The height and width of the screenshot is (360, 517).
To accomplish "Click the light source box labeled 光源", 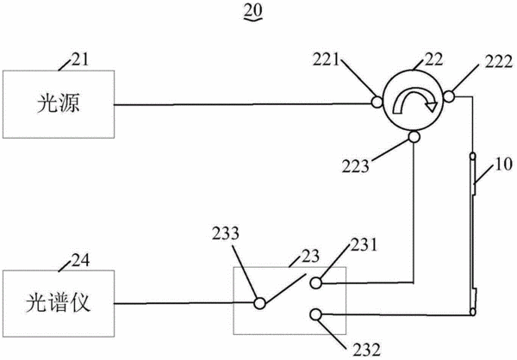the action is coord(59,104).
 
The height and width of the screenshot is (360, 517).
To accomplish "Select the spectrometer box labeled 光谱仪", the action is coord(59,303).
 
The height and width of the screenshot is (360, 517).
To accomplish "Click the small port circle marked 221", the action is coord(377,102).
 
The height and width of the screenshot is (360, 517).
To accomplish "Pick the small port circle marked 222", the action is coord(449,96).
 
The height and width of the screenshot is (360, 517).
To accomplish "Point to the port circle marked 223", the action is coord(414,136).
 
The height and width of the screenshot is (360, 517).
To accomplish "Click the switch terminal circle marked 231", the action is coord(315,282).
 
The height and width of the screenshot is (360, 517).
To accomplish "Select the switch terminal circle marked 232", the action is coord(315,314).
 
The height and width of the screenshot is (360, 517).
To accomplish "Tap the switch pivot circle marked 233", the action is coord(259,303).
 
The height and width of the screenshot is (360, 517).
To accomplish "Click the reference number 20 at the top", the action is coord(253,10).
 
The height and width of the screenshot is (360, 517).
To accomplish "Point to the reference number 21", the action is coord(80,59).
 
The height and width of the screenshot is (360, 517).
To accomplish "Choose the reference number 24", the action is coord(80,260).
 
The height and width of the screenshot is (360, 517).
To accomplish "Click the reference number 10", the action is coord(503,164).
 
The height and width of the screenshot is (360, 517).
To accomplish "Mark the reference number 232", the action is coord(367,351).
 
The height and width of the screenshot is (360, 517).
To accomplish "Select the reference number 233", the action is coord(226,233).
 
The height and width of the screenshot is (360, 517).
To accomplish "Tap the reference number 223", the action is coord(355,166).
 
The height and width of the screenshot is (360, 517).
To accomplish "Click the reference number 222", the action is coord(499,62).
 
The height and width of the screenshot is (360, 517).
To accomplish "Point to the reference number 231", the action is coord(364,245).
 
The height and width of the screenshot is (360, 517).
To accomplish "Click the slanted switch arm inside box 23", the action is coord(285,289).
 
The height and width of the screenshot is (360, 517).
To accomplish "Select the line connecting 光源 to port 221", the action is coord(243,104).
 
